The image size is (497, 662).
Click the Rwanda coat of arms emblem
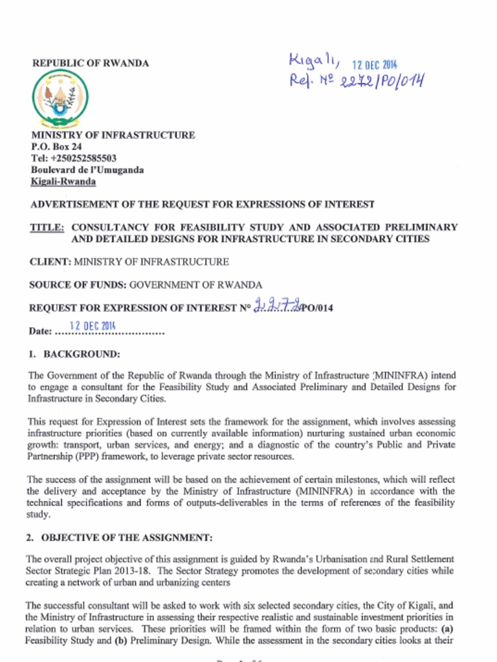coord(60,98)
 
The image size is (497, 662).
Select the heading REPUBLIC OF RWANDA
coord(91,63)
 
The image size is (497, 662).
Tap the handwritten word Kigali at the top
coord(314,61)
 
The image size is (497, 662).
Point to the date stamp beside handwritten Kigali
coord(375,65)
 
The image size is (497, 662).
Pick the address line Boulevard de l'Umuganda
coord(87,170)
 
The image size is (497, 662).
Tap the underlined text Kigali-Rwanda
coord(63,182)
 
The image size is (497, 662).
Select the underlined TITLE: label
coord(47,228)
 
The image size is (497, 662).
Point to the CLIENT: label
coord(50,262)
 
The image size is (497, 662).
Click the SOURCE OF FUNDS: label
coord(78,284)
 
